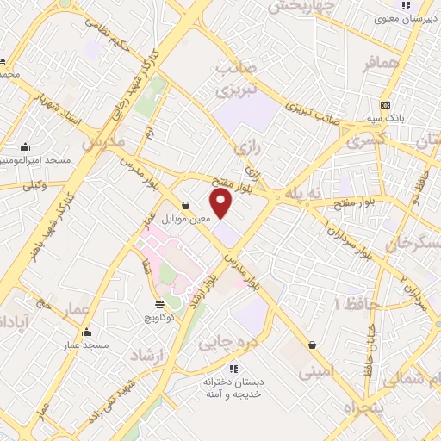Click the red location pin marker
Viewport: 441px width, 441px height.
222,203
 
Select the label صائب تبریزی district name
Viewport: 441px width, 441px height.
233,79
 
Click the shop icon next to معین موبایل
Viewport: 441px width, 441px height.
187,205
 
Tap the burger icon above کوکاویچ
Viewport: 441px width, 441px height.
160,304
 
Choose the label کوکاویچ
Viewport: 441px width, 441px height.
159,317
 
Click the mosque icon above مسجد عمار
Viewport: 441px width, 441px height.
85,332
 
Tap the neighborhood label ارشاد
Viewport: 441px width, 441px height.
146,355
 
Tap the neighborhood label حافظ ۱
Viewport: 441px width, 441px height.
350,304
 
